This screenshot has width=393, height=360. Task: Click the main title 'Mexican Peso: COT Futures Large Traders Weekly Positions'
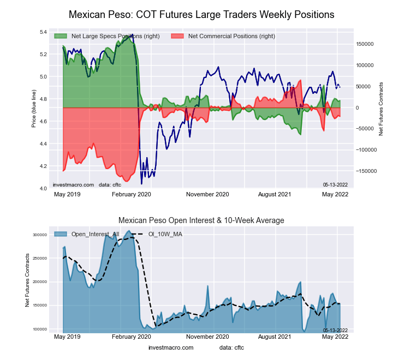click(x=201, y=14)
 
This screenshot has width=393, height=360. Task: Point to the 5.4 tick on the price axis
click(x=43, y=32)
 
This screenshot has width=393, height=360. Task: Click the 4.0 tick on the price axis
click(x=43, y=188)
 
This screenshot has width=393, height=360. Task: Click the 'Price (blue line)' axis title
click(x=33, y=111)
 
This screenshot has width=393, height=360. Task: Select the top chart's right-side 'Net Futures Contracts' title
click(x=381, y=109)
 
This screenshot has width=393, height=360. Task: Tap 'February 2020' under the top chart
click(x=131, y=194)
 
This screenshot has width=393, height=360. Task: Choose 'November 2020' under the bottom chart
click(x=207, y=338)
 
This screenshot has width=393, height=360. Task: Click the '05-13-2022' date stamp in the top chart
click(x=335, y=184)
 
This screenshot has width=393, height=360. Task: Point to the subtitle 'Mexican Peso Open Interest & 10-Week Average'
click(x=201, y=220)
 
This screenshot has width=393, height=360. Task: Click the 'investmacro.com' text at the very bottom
click(x=171, y=347)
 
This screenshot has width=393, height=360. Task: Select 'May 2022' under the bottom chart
click(x=336, y=338)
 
